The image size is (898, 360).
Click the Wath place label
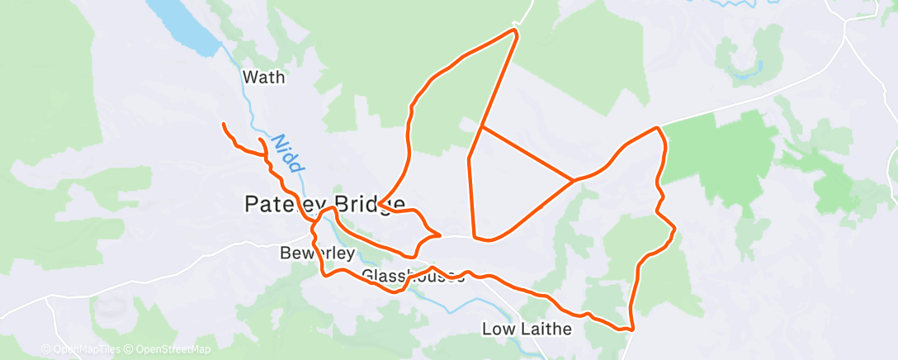point(264,78)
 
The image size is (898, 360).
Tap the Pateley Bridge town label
point(324,204)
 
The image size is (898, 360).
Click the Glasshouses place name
point(413,276)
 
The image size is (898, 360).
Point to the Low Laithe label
point(527,329)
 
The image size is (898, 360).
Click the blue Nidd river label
point(285,153)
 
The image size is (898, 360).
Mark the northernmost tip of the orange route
point(516,31)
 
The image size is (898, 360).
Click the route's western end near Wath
point(224,124)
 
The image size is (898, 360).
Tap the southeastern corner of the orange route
point(631,329)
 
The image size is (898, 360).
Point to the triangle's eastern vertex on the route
point(574,179)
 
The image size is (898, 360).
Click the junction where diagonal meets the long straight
point(482,127)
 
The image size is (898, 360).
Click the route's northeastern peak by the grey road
point(658,128)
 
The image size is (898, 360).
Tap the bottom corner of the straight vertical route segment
point(474,238)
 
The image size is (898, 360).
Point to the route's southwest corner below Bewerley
point(324,273)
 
